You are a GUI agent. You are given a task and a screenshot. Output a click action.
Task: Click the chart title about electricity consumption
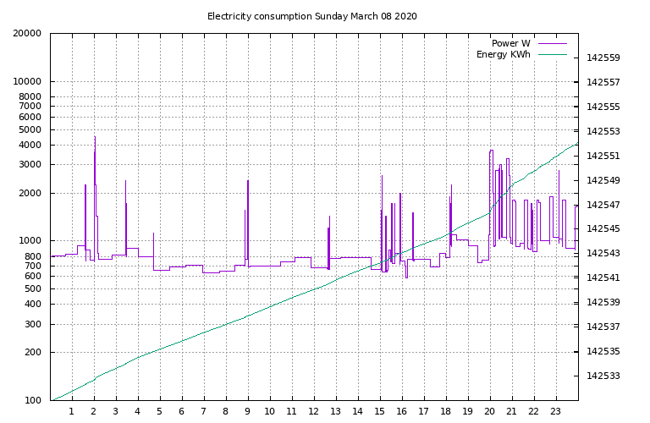[x=311, y=16]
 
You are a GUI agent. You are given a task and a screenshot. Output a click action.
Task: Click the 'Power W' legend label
[x=510, y=43]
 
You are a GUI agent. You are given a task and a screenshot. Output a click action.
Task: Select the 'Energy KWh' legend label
[x=503, y=55]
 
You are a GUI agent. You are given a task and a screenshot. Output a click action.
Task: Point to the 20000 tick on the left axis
[x=27, y=34]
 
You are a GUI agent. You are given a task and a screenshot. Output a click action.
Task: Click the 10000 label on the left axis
[x=27, y=82]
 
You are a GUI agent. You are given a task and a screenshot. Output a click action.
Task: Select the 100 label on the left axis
[x=32, y=400]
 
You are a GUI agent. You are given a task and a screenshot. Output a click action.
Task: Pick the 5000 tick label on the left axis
[x=30, y=130]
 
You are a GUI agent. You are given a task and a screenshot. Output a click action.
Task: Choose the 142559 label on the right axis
[x=603, y=58]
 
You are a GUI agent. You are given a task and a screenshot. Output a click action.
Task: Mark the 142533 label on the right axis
[x=603, y=376]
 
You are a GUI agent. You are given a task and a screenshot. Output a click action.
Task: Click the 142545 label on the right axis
[x=603, y=229]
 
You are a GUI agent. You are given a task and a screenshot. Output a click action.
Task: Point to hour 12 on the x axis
[x=314, y=412]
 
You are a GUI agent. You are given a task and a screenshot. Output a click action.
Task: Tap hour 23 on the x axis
[x=556, y=412]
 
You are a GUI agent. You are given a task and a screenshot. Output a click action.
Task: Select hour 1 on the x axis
[x=72, y=412]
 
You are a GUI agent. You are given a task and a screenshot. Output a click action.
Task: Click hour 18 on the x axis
[x=446, y=412]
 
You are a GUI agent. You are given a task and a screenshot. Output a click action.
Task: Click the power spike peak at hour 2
[x=95, y=136]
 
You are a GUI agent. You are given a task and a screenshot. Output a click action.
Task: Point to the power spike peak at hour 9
[x=248, y=180]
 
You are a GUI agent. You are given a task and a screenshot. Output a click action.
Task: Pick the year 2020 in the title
[x=405, y=16]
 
